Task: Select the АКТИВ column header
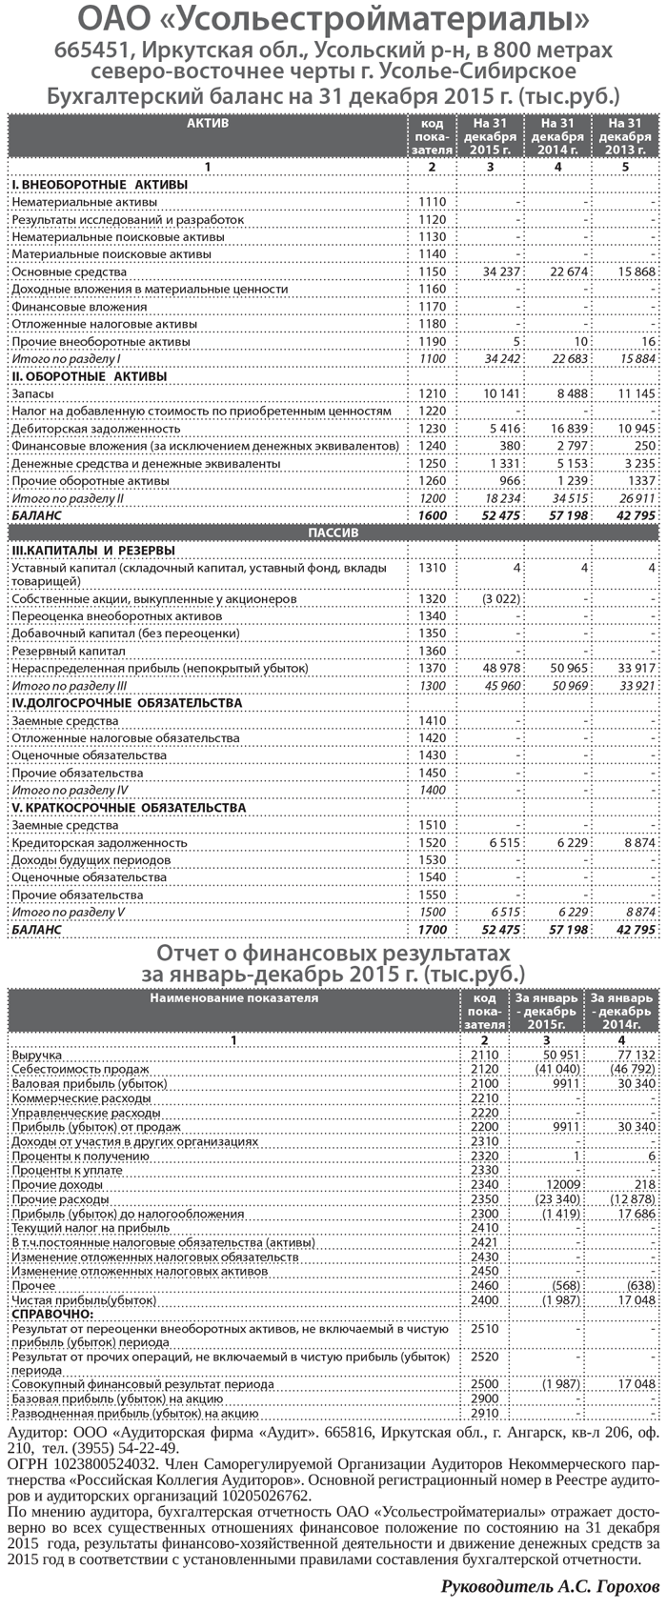tap(207, 123)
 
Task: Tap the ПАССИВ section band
tap(333, 533)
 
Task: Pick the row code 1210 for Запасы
tap(432, 393)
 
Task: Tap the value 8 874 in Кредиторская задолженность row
tap(637, 843)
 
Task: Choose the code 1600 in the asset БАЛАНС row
tap(432, 515)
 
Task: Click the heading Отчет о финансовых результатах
tap(333, 954)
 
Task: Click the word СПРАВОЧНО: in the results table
tap(49, 1314)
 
